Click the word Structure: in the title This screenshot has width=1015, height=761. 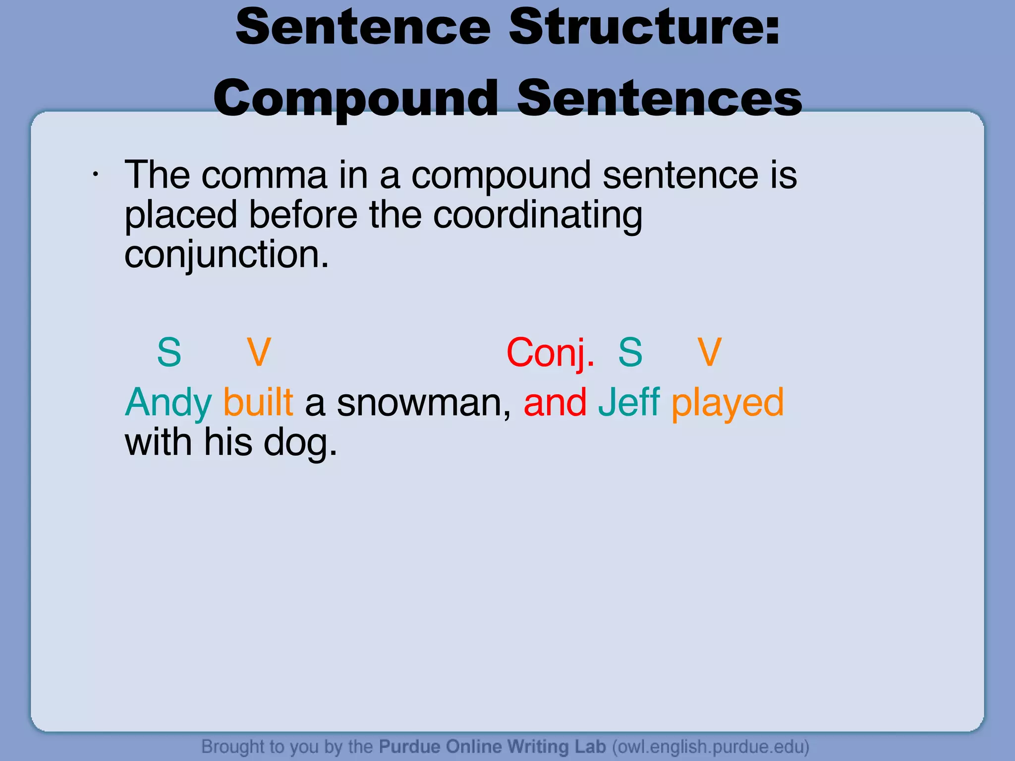click(644, 27)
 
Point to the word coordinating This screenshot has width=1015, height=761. click(538, 216)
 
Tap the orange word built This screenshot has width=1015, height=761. click(258, 402)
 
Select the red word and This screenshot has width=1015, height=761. click(555, 402)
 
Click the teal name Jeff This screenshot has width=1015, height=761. click(629, 402)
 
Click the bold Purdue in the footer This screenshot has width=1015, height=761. click(409, 746)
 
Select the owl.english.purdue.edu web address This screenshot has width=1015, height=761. click(711, 747)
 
